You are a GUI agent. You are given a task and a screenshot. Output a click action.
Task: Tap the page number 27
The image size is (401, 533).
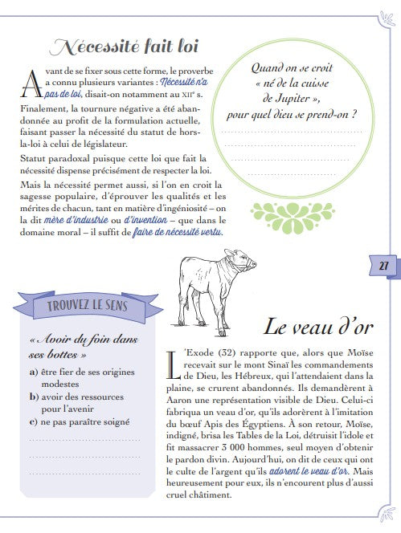click(x=383, y=266)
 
